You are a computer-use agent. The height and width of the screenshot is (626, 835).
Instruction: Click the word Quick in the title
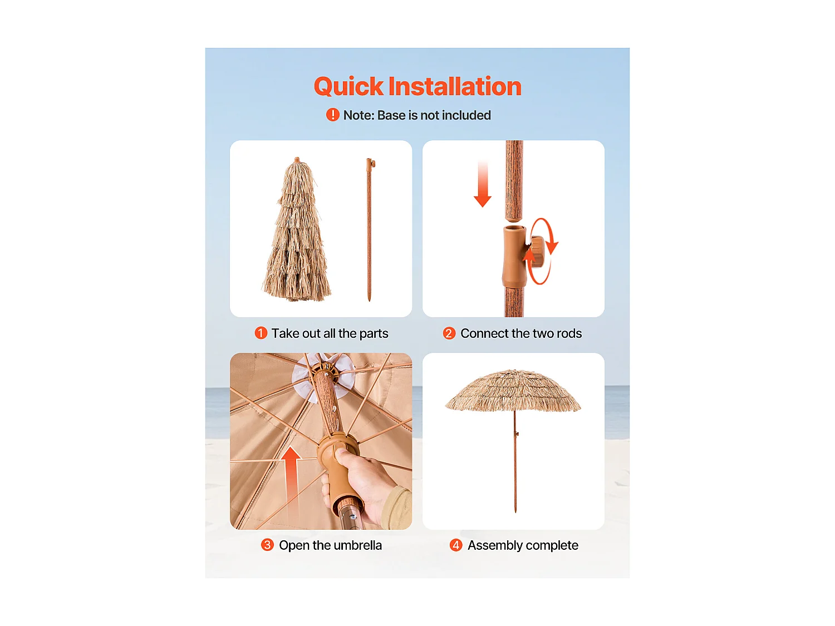click(348, 87)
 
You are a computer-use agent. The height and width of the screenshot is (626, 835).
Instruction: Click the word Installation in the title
click(455, 87)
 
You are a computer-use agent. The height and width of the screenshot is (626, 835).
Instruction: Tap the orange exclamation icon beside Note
click(332, 115)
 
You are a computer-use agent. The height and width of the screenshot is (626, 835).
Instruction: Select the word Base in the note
click(391, 115)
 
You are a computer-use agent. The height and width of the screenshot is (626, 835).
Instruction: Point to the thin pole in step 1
click(369, 228)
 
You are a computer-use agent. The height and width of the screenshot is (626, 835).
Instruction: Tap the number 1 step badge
click(261, 333)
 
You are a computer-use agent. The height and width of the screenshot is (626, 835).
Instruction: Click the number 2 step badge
click(449, 333)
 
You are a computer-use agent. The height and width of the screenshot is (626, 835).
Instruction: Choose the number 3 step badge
click(267, 545)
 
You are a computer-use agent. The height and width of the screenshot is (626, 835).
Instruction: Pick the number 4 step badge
click(455, 545)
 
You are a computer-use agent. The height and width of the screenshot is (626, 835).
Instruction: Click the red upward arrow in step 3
click(291, 473)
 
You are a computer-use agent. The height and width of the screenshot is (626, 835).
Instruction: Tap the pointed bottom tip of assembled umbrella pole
click(515, 510)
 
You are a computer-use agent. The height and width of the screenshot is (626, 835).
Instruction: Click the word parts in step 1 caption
click(374, 333)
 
